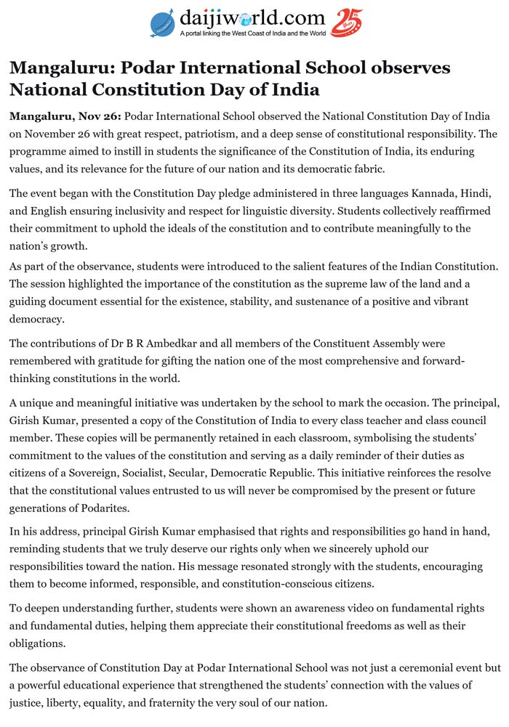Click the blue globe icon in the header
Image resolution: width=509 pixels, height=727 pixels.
pyautogui.click(x=163, y=23)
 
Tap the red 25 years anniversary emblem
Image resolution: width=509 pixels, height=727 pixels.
pyautogui.click(x=346, y=23)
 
